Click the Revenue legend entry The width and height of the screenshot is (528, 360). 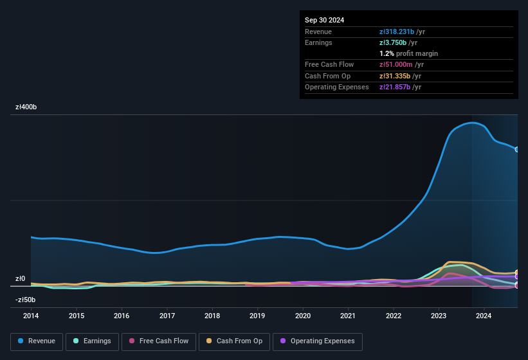pos(37,341)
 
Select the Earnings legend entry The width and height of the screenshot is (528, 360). pos(92,341)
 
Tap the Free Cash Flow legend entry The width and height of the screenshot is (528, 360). pos(158,341)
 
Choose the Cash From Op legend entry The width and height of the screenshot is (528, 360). pos(234,341)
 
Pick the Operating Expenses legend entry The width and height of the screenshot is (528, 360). pos(318,341)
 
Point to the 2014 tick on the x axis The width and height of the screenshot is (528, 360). pos(31,316)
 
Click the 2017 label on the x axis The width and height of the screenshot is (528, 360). pos(167,316)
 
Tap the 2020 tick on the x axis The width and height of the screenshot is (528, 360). pos(303,316)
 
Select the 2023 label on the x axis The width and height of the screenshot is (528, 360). pos(439,316)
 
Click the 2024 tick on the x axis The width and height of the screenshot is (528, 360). pos(484,316)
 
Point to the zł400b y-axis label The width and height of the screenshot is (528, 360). pos(26,107)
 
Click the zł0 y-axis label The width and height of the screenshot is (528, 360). pos(21,279)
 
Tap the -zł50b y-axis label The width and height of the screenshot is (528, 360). pos(25,300)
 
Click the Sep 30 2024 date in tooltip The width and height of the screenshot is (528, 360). pos(324,20)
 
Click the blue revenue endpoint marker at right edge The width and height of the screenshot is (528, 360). pos(517,149)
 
